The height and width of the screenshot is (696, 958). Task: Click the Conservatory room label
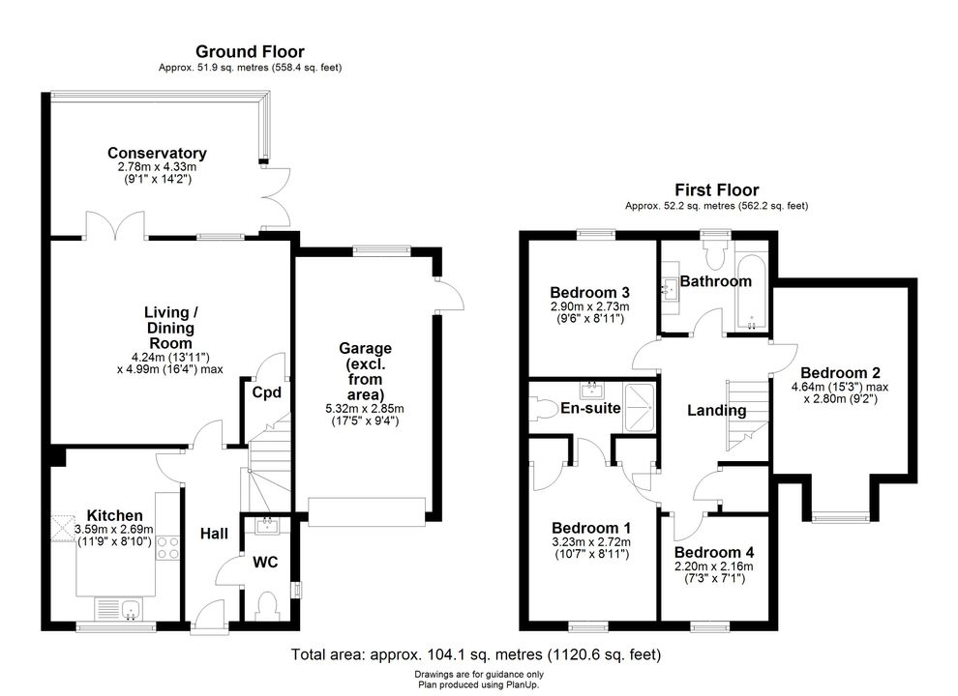(157, 153)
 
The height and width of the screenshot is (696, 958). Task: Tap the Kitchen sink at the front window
(118, 609)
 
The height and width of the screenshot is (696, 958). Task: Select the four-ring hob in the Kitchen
(168, 548)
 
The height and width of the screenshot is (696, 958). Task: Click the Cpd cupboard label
(266, 391)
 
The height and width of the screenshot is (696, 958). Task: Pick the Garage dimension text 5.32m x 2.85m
(365, 409)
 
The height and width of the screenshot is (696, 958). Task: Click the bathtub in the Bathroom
(751, 292)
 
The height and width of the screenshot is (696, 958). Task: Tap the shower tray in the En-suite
(639, 407)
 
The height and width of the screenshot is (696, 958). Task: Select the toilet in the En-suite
(543, 409)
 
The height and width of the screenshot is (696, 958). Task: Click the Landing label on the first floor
(717, 410)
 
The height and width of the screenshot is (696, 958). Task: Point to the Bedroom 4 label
(713, 552)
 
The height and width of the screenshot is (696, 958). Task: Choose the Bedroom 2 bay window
(840, 518)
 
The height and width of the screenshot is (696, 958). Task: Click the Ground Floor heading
(250, 52)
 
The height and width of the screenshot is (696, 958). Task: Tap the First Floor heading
(717, 189)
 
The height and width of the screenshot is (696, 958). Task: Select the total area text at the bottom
(476, 654)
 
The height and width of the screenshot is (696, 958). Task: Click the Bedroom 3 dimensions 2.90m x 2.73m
(589, 306)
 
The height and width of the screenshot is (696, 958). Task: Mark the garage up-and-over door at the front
(367, 511)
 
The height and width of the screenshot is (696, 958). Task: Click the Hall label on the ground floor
(214, 534)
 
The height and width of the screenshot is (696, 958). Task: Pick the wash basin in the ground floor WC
(267, 525)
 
